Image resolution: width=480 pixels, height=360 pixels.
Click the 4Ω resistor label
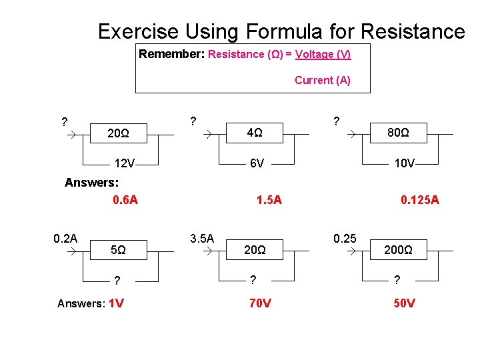tap(254, 133)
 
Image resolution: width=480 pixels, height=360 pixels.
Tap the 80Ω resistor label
tap(398, 133)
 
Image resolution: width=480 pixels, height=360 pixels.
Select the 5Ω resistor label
tap(118, 251)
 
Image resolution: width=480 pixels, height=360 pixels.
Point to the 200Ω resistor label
tap(398, 251)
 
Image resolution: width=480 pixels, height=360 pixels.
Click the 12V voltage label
tap(125, 163)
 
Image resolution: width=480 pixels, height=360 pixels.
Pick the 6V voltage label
tap(257, 163)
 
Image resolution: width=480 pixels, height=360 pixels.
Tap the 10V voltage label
tap(404, 163)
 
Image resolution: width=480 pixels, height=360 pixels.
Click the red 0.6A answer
tap(125, 199)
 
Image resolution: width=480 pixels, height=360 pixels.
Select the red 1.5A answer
tap(269, 199)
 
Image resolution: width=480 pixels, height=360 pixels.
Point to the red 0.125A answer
tap(419, 199)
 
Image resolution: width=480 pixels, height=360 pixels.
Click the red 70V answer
tap(260, 303)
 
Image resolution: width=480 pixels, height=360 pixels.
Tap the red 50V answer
tap(404, 303)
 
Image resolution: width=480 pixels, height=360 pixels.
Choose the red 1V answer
tap(116, 303)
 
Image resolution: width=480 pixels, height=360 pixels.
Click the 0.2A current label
tap(65, 238)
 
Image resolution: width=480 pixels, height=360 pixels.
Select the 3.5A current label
tap(201, 238)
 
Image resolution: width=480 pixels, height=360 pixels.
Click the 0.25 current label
tap(345, 238)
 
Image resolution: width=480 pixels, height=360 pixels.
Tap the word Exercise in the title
tap(138, 31)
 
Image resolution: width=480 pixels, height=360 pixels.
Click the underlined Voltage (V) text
tap(323, 55)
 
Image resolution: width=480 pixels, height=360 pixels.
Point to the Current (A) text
tap(322, 81)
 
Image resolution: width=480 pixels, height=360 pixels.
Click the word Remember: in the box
tap(172, 55)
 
